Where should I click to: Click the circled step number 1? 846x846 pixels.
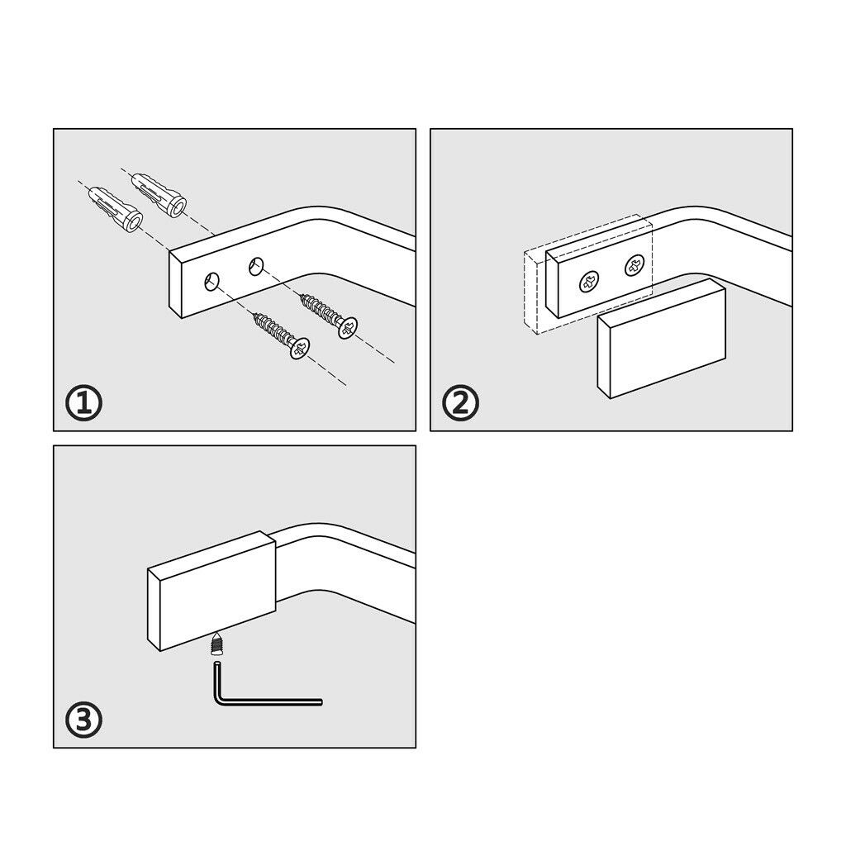[83, 403]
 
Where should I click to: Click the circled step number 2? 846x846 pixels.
[460, 403]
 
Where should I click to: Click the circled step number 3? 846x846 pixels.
[83, 720]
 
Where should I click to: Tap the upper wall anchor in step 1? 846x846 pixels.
[159, 194]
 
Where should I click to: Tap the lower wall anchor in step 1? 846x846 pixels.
[116, 209]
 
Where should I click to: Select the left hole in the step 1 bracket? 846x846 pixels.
[212, 282]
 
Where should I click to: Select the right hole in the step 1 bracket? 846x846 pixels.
[256, 266]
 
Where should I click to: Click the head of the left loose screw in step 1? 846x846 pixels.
[300, 348]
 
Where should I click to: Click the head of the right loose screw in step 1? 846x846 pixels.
[348, 327]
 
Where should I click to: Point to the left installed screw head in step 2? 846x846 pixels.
[589, 282]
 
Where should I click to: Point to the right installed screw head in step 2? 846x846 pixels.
[634, 265]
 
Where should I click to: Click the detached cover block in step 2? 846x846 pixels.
[662, 338]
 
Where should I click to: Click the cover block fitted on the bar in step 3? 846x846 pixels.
[212, 591]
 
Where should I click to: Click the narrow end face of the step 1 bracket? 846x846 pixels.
[175, 284]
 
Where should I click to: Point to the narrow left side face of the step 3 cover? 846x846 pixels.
[154, 609]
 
